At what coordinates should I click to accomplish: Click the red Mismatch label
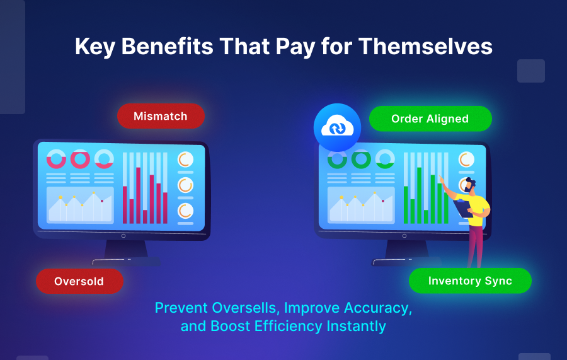(161, 116)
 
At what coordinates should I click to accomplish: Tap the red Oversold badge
(79, 281)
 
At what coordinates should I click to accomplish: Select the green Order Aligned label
(430, 119)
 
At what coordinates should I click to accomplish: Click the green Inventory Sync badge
(470, 281)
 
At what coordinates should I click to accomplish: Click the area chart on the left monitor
(80, 206)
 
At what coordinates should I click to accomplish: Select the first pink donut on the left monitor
(57, 159)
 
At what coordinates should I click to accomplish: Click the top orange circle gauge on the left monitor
(185, 160)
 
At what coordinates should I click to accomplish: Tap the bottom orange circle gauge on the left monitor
(185, 211)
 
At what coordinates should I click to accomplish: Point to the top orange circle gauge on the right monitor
(466, 160)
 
